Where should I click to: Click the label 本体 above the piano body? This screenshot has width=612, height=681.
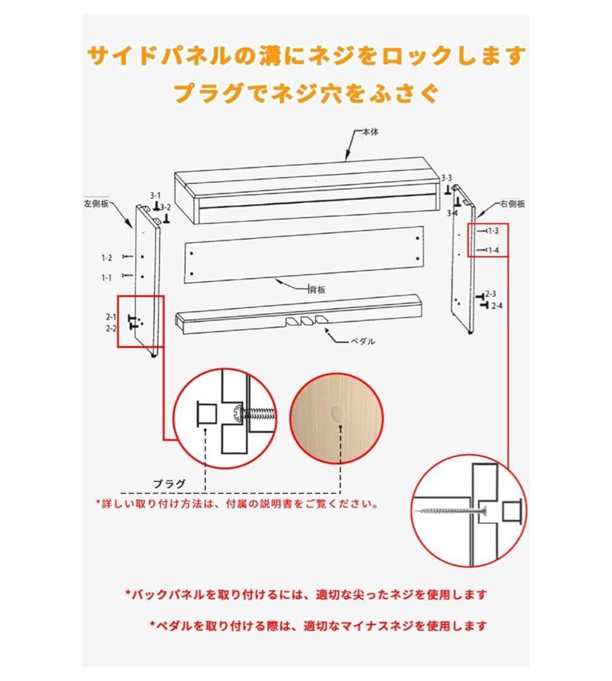coord(369,132)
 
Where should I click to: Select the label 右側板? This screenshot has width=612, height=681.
coord(512,204)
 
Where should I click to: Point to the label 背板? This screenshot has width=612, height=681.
coord(316,289)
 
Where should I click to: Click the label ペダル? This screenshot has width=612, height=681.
coord(363,341)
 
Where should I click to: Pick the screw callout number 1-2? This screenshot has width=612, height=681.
coord(107,257)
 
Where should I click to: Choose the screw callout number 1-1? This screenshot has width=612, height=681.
coord(107,277)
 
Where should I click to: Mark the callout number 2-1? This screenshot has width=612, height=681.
coord(111,317)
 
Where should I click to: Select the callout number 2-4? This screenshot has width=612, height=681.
coord(497,306)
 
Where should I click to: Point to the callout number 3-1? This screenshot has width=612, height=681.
coord(155,195)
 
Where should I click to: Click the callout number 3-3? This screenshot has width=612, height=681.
coord(447,178)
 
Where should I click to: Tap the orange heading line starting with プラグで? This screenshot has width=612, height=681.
coord(306,93)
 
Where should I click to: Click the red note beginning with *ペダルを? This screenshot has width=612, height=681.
coord(318,626)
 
